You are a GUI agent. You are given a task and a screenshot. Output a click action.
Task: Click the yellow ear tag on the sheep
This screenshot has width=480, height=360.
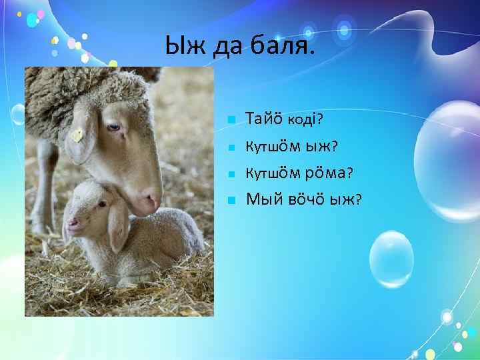pyautogui.click(x=77, y=136)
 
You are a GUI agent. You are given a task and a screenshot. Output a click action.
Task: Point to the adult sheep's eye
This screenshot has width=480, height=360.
pyautogui.click(x=114, y=127)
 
